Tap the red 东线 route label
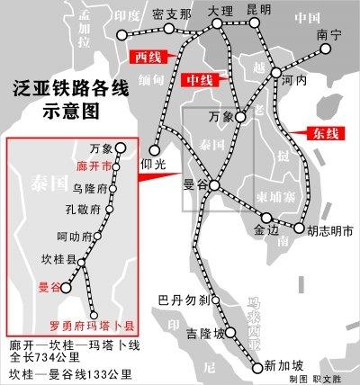click(x=328, y=134)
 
